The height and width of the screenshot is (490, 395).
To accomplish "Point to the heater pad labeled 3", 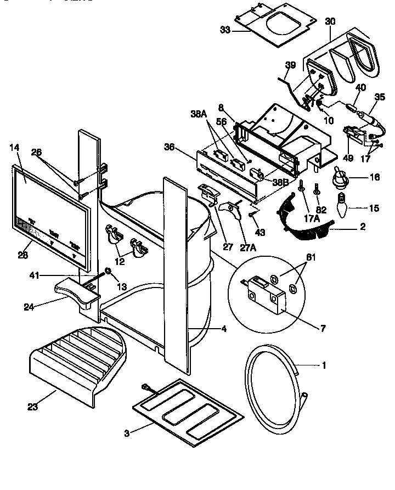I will (187, 409).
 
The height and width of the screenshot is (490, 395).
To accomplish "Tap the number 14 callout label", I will (15, 148).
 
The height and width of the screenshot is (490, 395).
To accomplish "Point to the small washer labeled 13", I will (108, 271).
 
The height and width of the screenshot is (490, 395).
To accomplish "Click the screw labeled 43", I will (252, 215).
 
